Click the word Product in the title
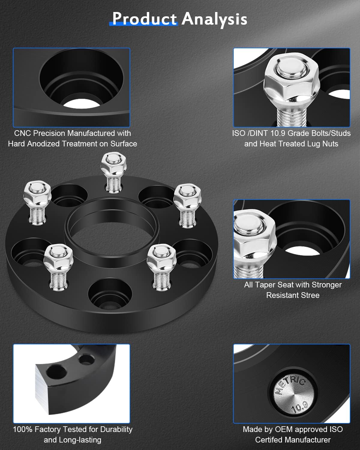tap(144, 19)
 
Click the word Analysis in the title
tap(214, 19)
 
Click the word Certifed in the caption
tap(269, 440)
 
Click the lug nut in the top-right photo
tap(289, 79)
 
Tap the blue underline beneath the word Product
tap(143, 24)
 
